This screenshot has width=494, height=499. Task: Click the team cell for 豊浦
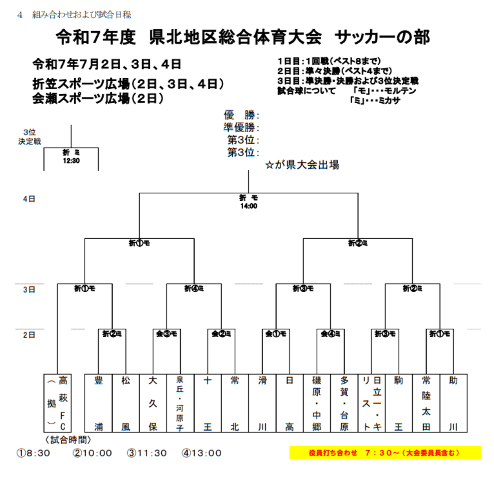pos(99,403)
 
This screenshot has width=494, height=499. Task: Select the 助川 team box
pos(453,403)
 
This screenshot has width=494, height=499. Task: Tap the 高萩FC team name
pos(63,403)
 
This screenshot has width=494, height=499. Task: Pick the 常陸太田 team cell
pos(426,403)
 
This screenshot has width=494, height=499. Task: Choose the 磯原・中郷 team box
pos(317,403)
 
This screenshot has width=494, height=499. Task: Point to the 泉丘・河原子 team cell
pos(180,403)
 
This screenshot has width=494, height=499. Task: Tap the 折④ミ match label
pos(194,288)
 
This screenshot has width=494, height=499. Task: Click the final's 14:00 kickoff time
pos(248,206)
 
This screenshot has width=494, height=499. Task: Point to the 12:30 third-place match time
pos(71,161)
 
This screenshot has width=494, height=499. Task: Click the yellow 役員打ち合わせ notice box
pos(384,453)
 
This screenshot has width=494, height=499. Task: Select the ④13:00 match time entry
pos(201,453)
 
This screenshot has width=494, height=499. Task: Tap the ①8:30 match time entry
pos(34,453)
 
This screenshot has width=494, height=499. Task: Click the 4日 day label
pos(29,199)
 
